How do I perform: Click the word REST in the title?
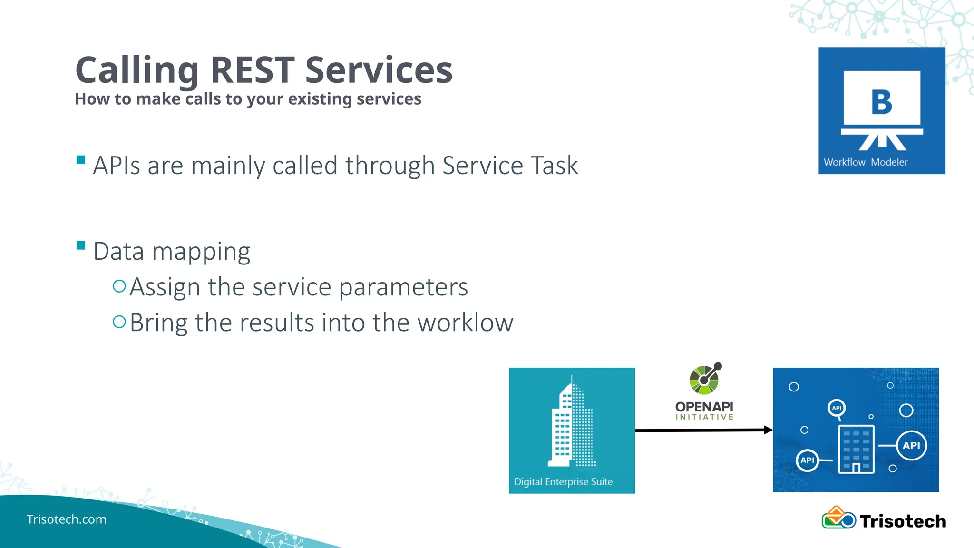pyautogui.click(x=252, y=70)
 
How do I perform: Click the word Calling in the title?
pyautogui.click(x=137, y=70)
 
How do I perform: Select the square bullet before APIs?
pyautogui.click(x=81, y=160)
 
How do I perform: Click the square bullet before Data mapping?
pyautogui.click(x=81, y=245)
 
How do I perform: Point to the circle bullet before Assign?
pyautogui.click(x=119, y=286)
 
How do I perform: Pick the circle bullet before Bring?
pyautogui.click(x=119, y=322)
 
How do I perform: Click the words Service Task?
pyautogui.click(x=510, y=166)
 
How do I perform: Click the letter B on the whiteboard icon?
pyautogui.click(x=882, y=102)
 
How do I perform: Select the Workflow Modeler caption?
pyautogui.click(x=865, y=162)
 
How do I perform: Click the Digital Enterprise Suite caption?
pyautogui.click(x=563, y=482)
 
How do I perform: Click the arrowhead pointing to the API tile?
pyautogui.click(x=768, y=430)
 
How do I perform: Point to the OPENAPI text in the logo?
pyautogui.click(x=704, y=407)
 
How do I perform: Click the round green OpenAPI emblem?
pyautogui.click(x=704, y=380)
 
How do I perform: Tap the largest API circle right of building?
pyautogui.click(x=911, y=446)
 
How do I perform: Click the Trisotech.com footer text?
pyautogui.click(x=67, y=519)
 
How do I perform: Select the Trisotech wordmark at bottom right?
pyautogui.click(x=903, y=521)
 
